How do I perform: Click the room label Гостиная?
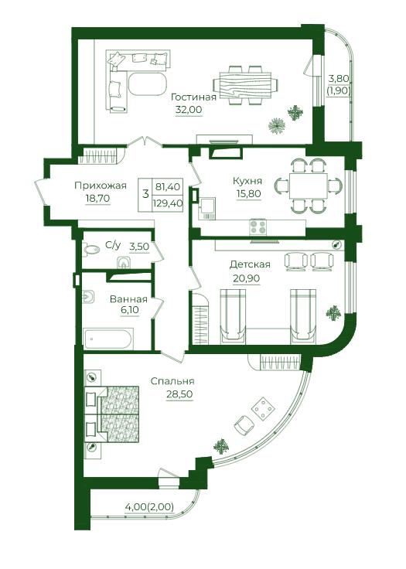(x=193, y=97)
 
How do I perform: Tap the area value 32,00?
(x=189, y=110)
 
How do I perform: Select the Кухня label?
(x=247, y=181)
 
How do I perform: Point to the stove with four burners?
(x=258, y=227)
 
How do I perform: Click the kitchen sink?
(x=207, y=208)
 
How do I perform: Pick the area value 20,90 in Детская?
(x=246, y=278)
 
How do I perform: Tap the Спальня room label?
(x=172, y=381)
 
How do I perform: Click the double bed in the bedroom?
(x=112, y=414)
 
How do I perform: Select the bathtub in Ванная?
(x=108, y=339)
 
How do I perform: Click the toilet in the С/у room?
(x=91, y=249)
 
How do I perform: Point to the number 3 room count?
(x=145, y=194)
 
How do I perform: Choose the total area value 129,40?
(x=167, y=203)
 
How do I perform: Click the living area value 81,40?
(x=167, y=187)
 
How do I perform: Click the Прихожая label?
(x=101, y=186)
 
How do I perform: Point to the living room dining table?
(x=245, y=85)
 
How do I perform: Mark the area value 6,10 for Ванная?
(x=128, y=310)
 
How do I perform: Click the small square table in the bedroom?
(x=264, y=409)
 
